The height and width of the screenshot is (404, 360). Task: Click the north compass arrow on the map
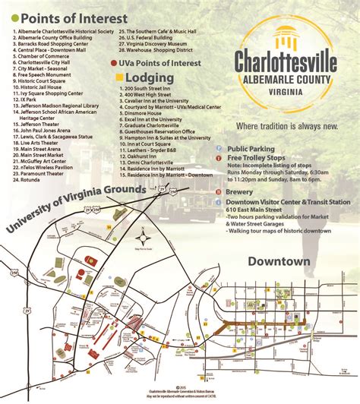point(142,229)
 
